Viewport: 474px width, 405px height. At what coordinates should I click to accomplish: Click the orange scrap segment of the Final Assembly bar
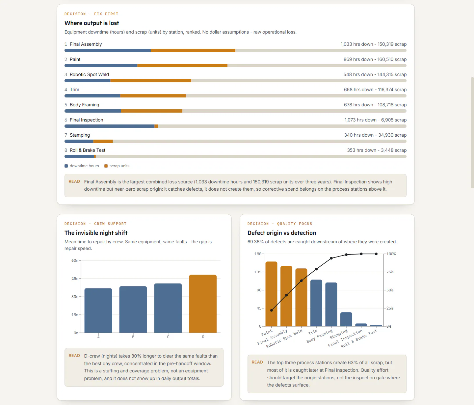tap(193, 50)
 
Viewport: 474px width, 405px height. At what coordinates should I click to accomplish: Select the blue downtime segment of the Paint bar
tap(101, 66)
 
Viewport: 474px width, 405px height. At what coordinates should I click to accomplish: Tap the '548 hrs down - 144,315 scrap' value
tap(375, 74)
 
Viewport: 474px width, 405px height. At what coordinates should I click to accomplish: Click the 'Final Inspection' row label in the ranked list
tap(87, 120)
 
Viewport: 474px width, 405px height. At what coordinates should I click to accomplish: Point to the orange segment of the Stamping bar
tap(103, 141)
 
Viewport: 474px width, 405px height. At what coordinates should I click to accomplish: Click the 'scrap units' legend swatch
tap(106, 166)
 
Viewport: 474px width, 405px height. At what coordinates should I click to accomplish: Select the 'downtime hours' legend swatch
tap(66, 166)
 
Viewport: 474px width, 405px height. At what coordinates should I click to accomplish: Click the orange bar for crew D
tap(203, 304)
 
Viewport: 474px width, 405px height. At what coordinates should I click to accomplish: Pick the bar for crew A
tap(98, 310)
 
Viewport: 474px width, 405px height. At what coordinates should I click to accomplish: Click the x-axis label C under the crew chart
tap(168, 337)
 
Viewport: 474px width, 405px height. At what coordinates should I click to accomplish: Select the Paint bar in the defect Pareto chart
tap(271, 294)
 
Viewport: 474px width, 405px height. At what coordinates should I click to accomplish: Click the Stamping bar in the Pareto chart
tap(346, 319)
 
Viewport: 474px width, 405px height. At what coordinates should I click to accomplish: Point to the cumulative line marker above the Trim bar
tap(316, 269)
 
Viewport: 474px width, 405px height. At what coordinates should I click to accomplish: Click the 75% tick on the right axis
tap(390, 272)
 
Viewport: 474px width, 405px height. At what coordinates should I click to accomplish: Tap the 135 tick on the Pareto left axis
tap(258, 272)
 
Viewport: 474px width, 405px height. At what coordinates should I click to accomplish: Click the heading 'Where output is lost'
tap(92, 23)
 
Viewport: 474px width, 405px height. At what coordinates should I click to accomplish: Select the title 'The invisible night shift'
tap(96, 233)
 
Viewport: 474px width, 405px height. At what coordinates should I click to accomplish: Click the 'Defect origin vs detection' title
tap(282, 233)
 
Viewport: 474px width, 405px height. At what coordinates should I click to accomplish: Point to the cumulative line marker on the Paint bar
tap(271, 310)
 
